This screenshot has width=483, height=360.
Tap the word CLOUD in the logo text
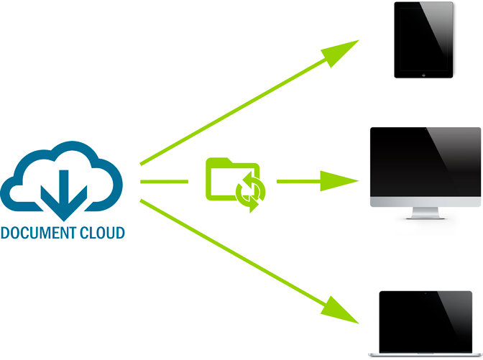(x=103, y=233)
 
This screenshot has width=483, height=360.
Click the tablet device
(x=424, y=40)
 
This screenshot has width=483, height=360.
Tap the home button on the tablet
(x=424, y=73)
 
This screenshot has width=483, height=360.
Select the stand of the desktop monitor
(x=425, y=213)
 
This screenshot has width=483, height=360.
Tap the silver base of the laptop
(x=425, y=354)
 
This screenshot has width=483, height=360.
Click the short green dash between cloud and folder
(x=164, y=181)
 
